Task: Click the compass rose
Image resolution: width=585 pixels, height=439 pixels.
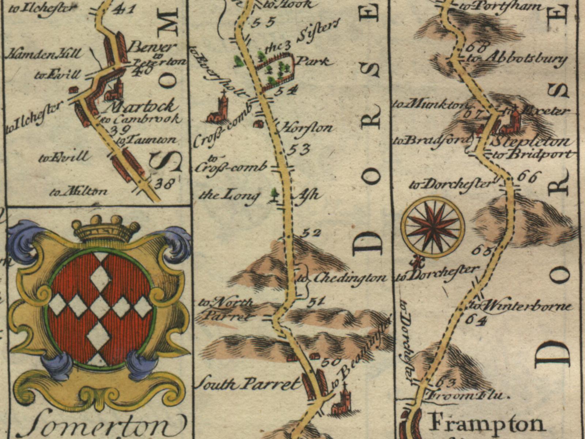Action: pyautogui.click(x=433, y=227)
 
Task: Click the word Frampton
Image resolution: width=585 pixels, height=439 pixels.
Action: pyautogui.click(x=486, y=424)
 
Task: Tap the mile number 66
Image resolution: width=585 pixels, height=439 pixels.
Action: pyautogui.click(x=528, y=177)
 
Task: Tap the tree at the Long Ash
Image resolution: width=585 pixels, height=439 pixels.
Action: pyautogui.click(x=273, y=195)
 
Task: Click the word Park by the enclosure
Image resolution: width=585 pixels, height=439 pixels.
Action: pyautogui.click(x=312, y=61)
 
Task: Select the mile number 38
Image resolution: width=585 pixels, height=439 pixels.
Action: pyautogui.click(x=163, y=183)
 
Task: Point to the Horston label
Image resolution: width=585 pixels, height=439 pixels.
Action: pyautogui.click(x=306, y=128)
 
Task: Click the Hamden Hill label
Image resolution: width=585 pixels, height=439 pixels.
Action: pyautogui.click(x=44, y=54)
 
